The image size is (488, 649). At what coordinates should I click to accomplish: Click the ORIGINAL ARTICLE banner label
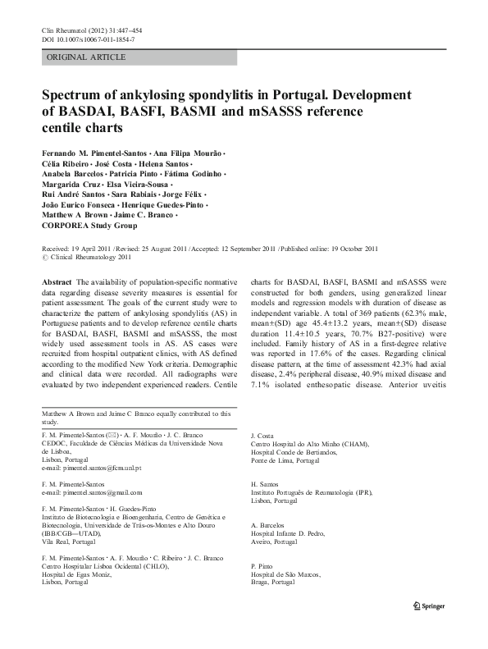tap(86, 57)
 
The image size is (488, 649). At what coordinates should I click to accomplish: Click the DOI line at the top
tap(88, 39)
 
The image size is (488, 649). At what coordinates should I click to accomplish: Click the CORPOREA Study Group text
tap(91, 225)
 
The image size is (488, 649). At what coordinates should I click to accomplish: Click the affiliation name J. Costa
tap(262, 436)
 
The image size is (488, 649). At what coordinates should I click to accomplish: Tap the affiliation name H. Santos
tap(264, 484)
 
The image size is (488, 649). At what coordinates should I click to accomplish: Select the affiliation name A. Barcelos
tap(267, 524)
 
